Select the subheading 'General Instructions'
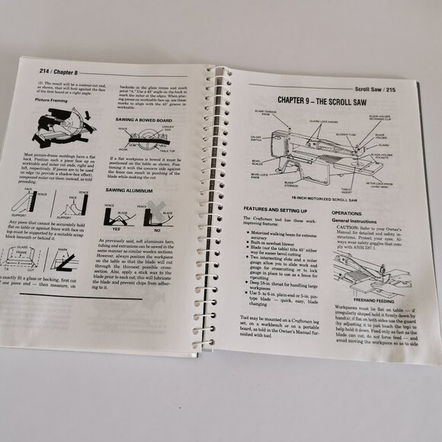click(x=358, y=221)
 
